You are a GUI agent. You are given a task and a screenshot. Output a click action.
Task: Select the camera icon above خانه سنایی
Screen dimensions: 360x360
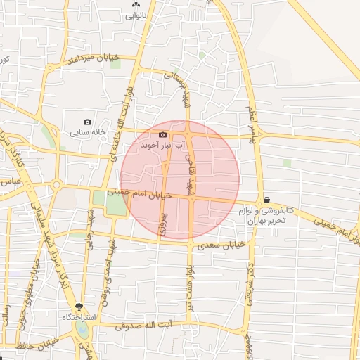coord(88,122)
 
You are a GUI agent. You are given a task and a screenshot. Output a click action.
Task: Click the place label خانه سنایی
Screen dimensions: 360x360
coord(88,131)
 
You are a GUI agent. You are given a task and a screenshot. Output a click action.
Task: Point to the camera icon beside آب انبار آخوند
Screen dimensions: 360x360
coord(162,134)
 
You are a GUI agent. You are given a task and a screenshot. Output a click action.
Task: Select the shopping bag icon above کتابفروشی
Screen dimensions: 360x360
coord(266,200)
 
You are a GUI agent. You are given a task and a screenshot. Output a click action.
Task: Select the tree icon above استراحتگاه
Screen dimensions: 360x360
coord(79,307)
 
